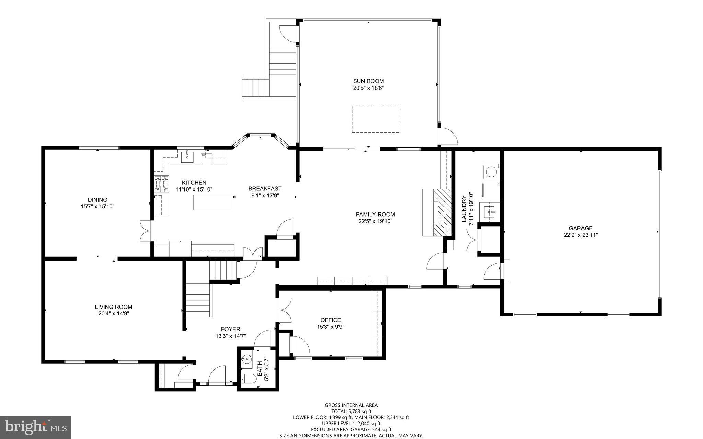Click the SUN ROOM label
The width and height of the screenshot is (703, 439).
368,81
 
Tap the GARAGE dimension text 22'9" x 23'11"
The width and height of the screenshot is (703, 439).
580,235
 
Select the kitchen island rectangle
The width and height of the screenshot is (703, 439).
212,202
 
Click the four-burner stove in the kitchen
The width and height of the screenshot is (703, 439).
161,184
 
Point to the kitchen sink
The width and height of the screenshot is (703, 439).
187,157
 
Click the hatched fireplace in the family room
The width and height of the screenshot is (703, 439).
442,212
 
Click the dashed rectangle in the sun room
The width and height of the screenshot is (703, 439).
375,119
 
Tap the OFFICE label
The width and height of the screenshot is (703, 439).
331,320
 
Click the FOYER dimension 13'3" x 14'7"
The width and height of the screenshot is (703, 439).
231,336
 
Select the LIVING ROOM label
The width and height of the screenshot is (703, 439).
113,307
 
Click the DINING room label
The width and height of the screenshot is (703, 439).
97,200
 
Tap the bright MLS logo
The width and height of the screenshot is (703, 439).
36,427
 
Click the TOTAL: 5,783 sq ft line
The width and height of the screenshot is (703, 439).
351,411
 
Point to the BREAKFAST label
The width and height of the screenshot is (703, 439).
265,188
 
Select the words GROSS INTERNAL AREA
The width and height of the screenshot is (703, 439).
351,405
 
